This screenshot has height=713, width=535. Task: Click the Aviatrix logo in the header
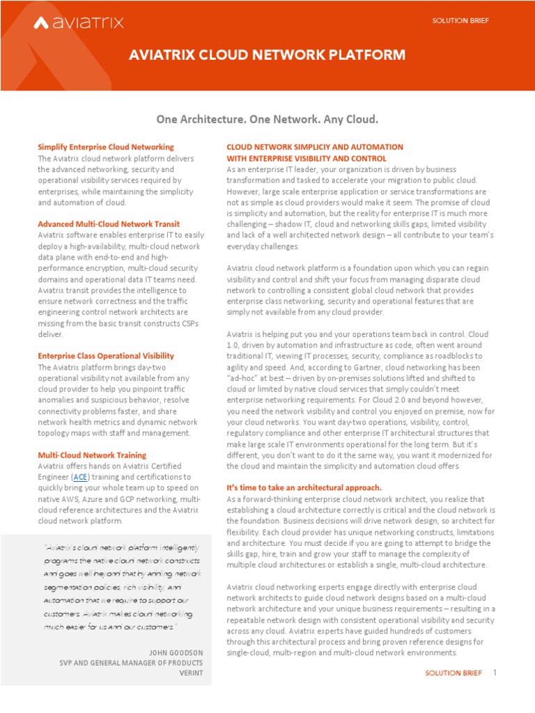pyautogui.click(x=79, y=23)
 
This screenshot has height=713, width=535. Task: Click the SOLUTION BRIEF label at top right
pyautogui.click(x=460, y=21)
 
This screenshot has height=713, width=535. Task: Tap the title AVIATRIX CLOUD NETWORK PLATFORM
pyautogui.click(x=267, y=55)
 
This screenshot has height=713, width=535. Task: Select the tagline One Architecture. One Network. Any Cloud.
pyautogui.click(x=267, y=120)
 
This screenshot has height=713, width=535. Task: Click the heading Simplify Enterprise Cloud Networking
pyautogui.click(x=106, y=147)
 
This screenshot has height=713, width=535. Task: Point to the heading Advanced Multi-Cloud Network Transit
pyautogui.click(x=109, y=224)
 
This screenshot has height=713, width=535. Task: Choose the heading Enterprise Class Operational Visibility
pyautogui.click(x=106, y=356)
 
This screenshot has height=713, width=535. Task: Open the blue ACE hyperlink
pyautogui.click(x=80, y=477)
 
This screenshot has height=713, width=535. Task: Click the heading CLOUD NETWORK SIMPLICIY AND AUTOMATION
pyautogui.click(x=315, y=147)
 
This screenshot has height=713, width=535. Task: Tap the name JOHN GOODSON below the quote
pyautogui.click(x=176, y=652)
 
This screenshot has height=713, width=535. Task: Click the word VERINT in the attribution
pyautogui.click(x=189, y=674)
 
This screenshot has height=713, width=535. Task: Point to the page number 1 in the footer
pyautogui.click(x=495, y=673)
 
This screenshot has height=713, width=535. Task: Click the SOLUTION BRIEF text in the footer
pyautogui.click(x=453, y=674)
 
